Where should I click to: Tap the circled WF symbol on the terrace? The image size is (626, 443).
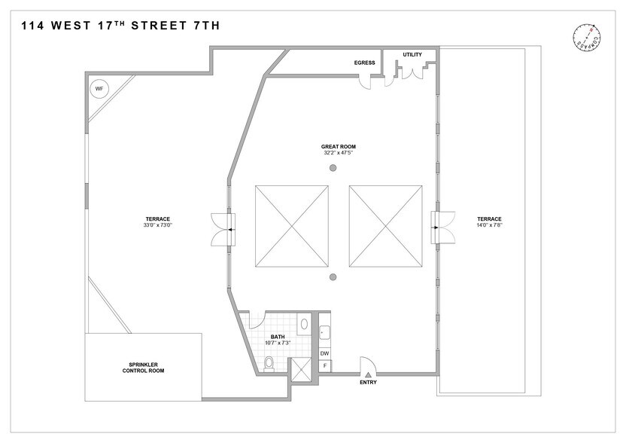point(98,89)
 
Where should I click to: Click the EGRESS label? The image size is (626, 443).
point(364,63)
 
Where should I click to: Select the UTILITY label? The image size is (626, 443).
point(412,54)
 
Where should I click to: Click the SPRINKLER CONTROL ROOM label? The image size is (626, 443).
point(143,368)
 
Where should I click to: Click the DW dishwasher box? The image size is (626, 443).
point(325,353)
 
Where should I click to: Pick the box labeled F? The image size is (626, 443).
point(325,366)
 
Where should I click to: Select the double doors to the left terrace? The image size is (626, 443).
point(223,228)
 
